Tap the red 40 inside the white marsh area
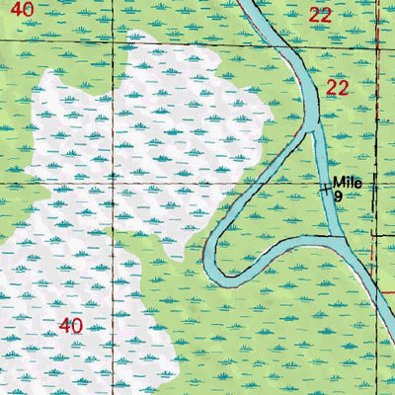click(70, 325)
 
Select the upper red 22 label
click(319, 15)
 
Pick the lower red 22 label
click(338, 88)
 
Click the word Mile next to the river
click(347, 182)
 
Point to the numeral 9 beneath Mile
click(338, 197)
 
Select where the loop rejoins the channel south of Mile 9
click(342, 240)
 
